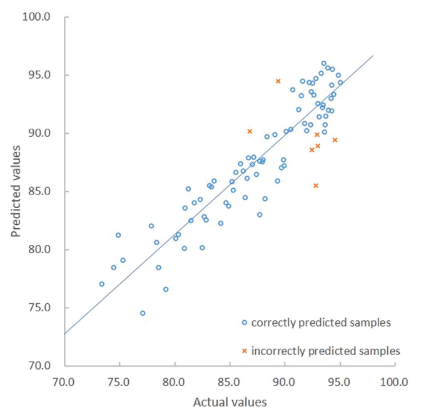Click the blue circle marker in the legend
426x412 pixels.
(x=245, y=323)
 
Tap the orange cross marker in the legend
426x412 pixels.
(x=245, y=350)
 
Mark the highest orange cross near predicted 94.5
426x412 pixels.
(x=278, y=81)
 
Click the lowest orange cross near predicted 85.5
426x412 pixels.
(x=316, y=186)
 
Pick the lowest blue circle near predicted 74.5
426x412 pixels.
(x=143, y=313)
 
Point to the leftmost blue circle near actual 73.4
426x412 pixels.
(x=101, y=284)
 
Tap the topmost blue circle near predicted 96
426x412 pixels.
(x=324, y=63)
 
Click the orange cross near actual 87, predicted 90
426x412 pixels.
(x=250, y=131)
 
